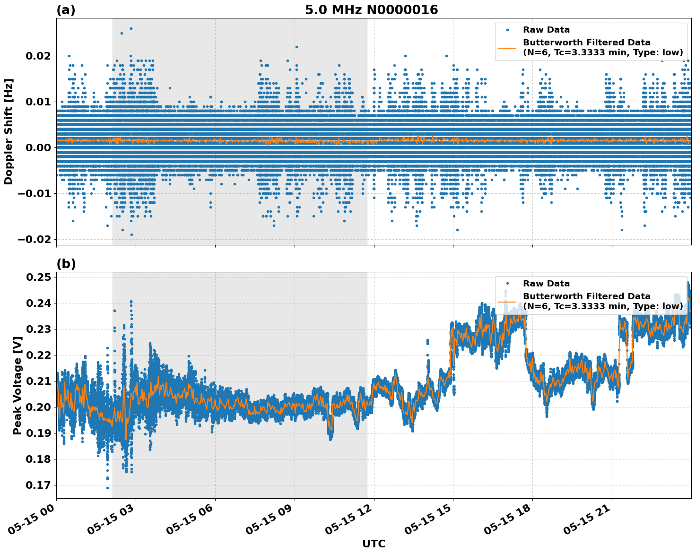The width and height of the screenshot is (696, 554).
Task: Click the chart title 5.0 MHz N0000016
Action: coord(371,10)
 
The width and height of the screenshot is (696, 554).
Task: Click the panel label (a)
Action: coord(66,10)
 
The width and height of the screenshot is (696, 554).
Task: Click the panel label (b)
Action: coord(66,264)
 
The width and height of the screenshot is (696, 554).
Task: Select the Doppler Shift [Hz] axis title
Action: coord(9,131)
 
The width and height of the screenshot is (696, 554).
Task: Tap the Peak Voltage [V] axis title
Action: coord(17,385)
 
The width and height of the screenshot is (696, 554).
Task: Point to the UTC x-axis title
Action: coord(374,544)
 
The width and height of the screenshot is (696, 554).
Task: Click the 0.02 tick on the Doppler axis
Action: coord(41,56)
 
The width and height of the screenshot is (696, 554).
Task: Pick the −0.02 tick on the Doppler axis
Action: coord(38,240)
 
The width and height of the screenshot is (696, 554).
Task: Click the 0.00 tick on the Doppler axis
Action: coord(41,148)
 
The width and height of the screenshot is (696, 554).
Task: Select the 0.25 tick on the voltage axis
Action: coord(41,277)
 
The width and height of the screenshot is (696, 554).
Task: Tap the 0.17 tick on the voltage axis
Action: coord(41,485)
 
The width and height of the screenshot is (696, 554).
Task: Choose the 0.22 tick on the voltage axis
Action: coord(41,355)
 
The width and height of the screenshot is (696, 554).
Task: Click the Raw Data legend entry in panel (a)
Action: coord(546,30)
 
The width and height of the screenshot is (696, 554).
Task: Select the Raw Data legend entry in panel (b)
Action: coord(546,284)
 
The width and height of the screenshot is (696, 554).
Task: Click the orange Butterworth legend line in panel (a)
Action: coord(507,47)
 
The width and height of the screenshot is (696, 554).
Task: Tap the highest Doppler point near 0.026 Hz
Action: coord(131,28)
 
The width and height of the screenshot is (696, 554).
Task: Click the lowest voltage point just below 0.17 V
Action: coord(107,488)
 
